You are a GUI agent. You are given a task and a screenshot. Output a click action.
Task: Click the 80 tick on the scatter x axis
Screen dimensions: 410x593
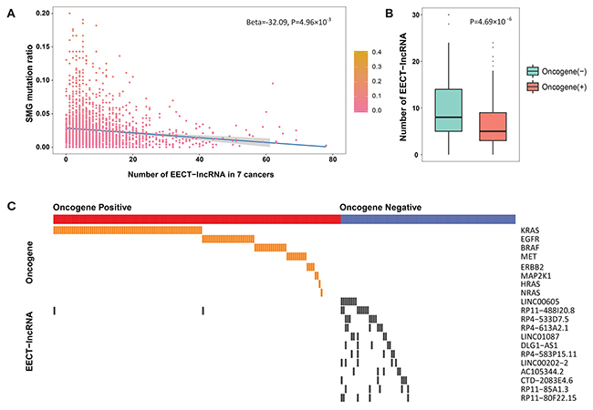[x=334, y=159]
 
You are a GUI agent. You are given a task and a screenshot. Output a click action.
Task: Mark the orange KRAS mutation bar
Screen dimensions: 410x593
[x=127, y=230]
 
